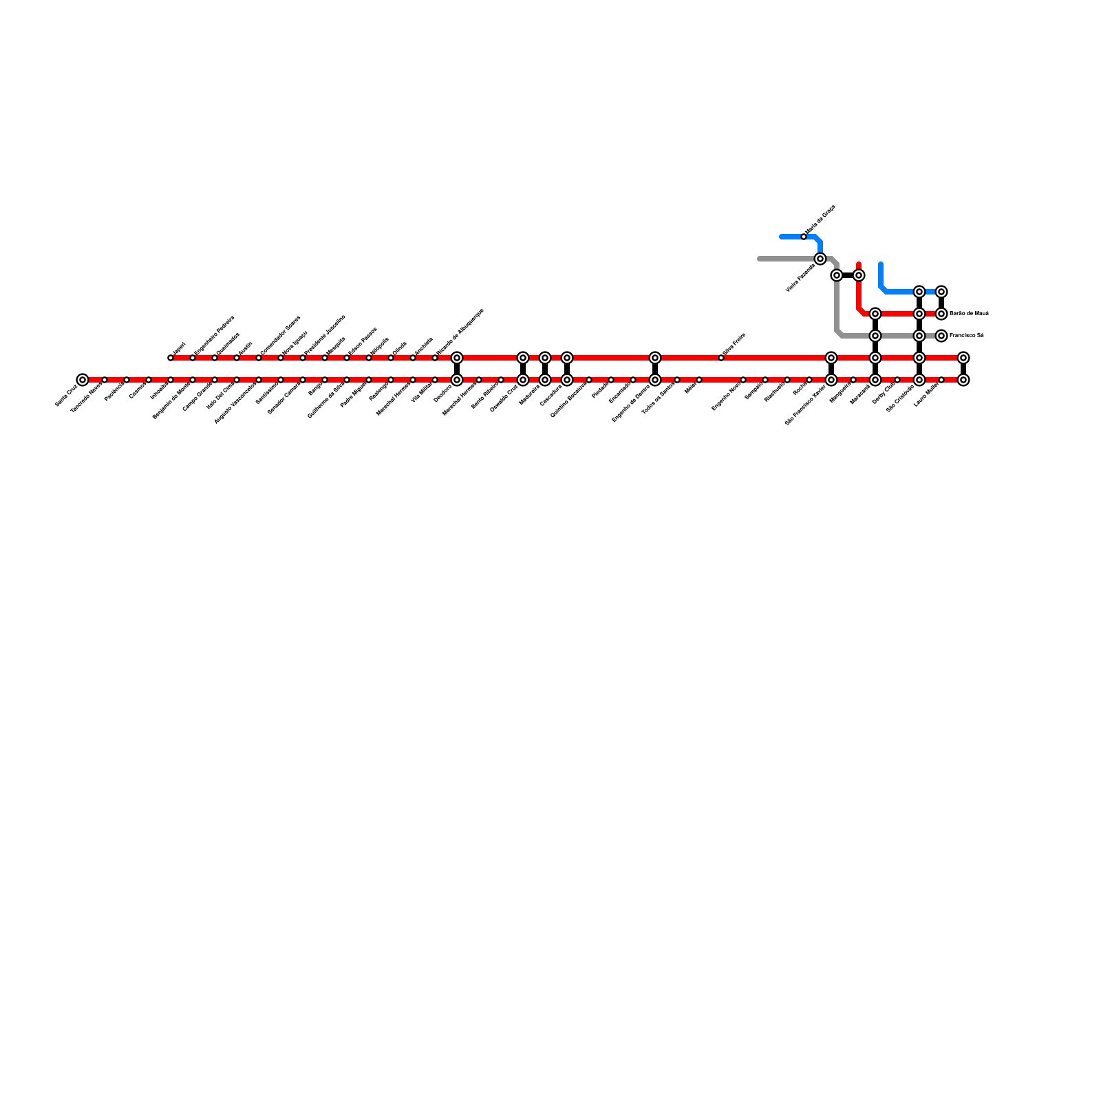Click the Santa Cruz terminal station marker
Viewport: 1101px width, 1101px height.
click(83, 380)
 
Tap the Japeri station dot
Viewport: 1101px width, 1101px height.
click(171, 358)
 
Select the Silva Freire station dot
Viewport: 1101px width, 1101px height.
click(721, 358)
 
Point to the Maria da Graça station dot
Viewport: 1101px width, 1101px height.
click(804, 237)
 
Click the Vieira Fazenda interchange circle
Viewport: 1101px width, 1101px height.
click(820, 259)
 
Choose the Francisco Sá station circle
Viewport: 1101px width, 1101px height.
click(941, 336)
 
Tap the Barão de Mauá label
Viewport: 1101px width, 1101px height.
click(969, 314)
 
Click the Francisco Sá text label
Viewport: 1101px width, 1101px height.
click(966, 336)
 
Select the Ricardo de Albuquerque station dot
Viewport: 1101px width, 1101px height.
click(435, 358)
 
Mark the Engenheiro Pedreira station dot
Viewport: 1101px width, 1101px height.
click(193, 358)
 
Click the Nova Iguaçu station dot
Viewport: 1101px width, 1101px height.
click(281, 358)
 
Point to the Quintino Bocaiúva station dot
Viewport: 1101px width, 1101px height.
click(589, 380)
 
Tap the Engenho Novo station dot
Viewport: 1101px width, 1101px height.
click(743, 380)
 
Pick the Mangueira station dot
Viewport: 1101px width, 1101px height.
click(853, 380)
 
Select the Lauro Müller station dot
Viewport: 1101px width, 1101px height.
click(941, 380)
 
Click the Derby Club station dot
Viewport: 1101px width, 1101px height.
click(897, 380)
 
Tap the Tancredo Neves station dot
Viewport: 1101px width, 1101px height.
click(105, 380)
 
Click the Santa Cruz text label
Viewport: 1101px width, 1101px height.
click(66, 397)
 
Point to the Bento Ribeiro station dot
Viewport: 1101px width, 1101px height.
click(501, 380)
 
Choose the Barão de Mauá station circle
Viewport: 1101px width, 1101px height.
click(941, 314)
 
